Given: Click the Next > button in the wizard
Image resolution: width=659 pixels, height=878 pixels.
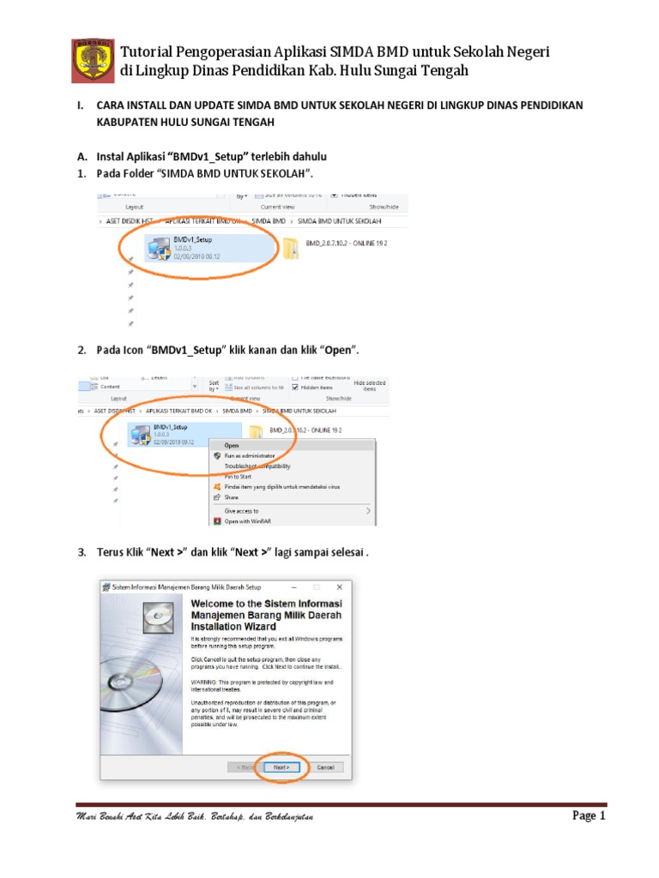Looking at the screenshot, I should click(281, 767).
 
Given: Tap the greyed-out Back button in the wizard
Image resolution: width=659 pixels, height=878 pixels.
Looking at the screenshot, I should click(244, 767).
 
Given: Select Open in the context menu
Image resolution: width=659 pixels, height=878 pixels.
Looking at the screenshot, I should click(232, 445).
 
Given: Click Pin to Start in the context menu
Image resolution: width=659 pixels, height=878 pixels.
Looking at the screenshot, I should click(239, 476).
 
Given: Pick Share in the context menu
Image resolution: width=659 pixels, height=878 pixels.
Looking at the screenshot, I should click(232, 496).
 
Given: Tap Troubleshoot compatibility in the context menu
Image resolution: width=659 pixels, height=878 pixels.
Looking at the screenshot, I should click(257, 466).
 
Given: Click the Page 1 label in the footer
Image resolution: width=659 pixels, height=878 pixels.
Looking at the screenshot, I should click(589, 816).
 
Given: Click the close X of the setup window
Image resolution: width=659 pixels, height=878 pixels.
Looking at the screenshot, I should click(340, 586).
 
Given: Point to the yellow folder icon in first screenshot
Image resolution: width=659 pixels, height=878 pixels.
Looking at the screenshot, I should click(291, 248).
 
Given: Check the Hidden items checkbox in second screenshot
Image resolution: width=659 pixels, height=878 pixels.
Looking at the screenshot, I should click(296, 387).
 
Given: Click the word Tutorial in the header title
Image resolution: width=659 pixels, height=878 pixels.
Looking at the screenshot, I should click(150, 52).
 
